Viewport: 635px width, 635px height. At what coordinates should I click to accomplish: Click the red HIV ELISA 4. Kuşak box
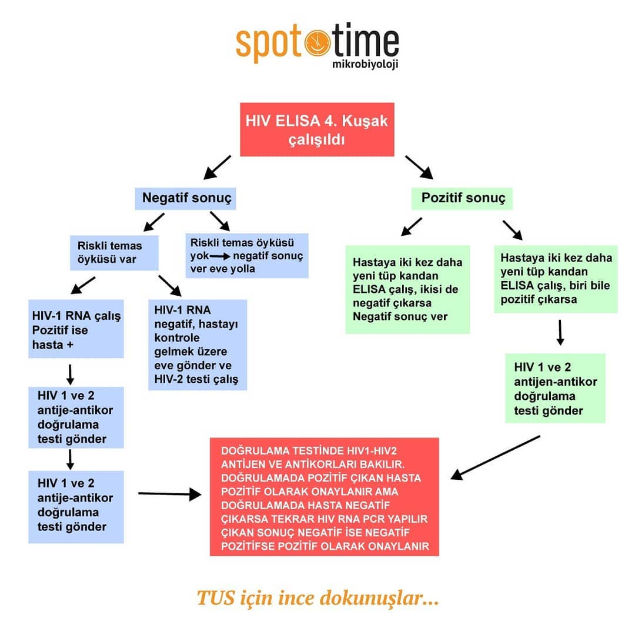(317, 129)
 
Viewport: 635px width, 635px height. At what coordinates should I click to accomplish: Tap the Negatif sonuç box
(185, 199)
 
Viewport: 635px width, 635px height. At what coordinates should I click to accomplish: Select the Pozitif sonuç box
(462, 199)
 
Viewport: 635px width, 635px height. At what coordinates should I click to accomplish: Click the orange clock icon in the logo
(317, 42)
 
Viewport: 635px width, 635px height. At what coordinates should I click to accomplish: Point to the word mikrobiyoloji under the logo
(365, 64)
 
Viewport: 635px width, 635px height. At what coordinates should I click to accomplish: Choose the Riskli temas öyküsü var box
(114, 253)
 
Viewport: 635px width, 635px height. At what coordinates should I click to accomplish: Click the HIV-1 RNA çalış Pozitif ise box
(76, 329)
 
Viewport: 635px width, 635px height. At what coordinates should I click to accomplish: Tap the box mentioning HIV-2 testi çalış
(198, 345)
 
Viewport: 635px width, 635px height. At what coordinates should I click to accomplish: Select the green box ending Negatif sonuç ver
(407, 289)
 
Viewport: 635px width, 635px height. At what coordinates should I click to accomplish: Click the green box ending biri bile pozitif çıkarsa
(556, 279)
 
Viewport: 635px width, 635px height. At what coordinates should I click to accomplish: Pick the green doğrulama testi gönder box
(555, 389)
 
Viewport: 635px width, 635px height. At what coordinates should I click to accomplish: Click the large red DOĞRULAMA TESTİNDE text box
(325, 497)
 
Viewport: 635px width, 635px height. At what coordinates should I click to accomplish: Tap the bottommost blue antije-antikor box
(76, 507)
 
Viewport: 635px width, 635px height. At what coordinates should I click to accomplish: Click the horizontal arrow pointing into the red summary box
(170, 494)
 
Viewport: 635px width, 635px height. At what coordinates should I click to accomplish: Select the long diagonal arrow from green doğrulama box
(495, 457)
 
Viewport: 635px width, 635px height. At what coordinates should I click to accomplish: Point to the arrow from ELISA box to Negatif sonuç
(217, 167)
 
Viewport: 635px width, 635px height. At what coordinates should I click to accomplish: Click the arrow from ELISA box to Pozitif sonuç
(419, 167)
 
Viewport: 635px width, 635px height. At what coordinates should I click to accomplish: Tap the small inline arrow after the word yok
(220, 256)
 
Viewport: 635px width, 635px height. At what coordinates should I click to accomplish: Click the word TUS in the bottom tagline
(215, 598)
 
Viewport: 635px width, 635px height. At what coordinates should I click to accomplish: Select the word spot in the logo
(269, 43)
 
